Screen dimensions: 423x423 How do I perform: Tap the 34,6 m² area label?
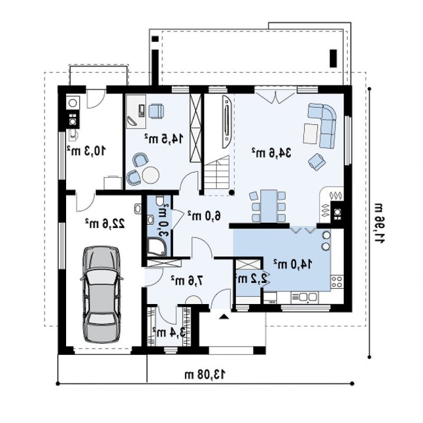[x=272, y=153]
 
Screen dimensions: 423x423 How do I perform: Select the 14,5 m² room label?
[x=164, y=138]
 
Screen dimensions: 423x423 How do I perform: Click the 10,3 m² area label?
[x=86, y=151]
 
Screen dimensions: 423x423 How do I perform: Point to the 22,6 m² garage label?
[x=105, y=223]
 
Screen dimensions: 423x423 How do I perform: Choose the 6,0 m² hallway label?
[x=204, y=215]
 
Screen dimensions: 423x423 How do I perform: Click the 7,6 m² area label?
[x=187, y=281]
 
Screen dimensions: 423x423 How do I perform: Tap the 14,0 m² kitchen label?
[x=293, y=264]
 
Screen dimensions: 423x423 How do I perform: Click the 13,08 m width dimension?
[x=205, y=374]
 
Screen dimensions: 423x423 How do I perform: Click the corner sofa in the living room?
[x=323, y=125]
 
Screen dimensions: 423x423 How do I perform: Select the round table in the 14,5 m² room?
[x=151, y=175]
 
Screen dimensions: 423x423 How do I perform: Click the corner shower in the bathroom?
[x=157, y=247]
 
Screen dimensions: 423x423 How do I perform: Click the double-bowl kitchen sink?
[x=305, y=297]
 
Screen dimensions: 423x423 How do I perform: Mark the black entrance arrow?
[x=224, y=316]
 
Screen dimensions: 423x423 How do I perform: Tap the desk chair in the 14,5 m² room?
[x=156, y=111]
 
